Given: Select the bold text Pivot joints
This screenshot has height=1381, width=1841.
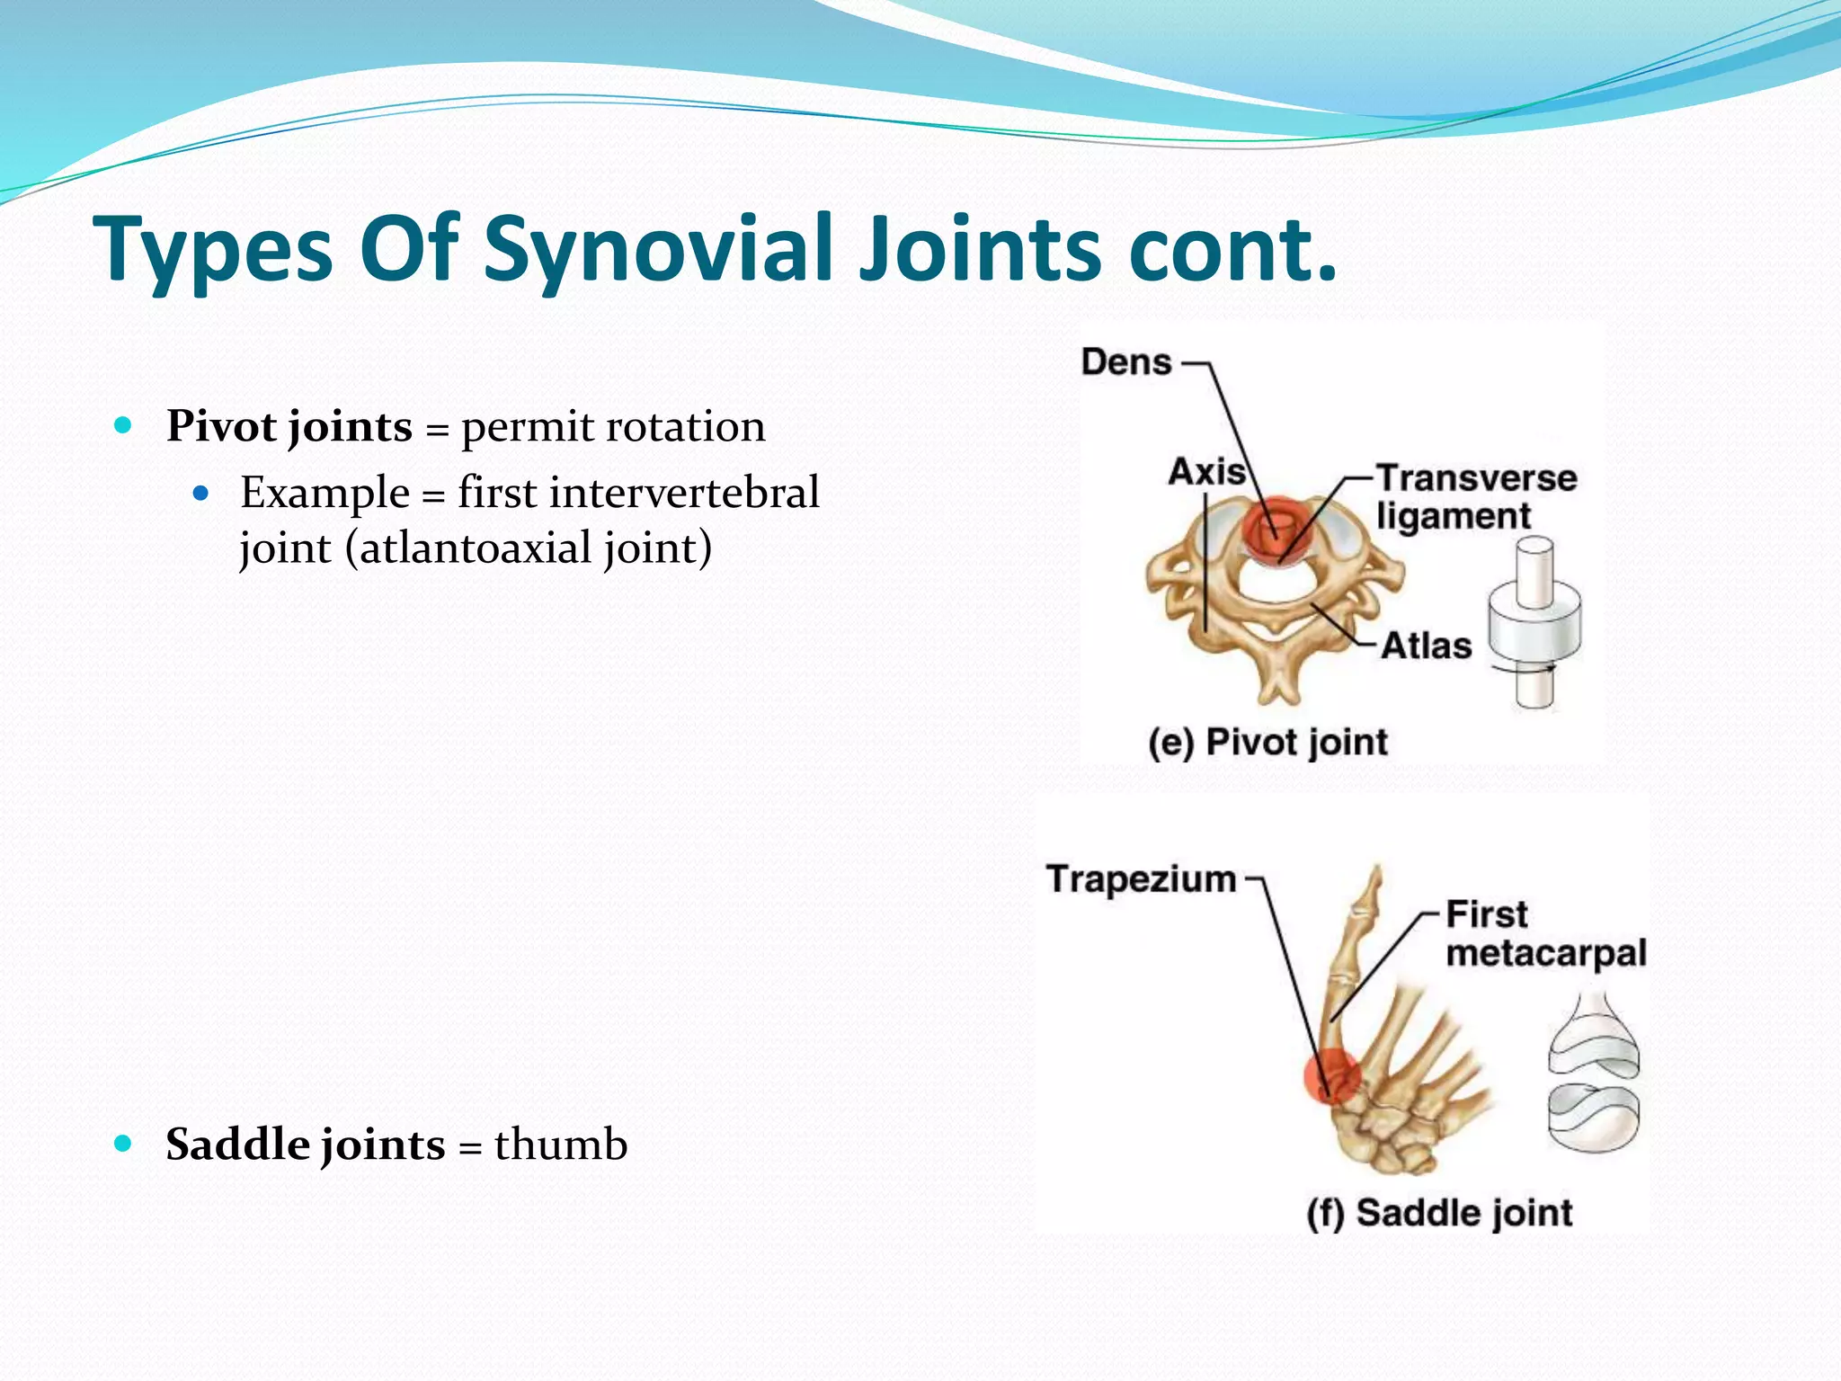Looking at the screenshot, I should click(x=289, y=426).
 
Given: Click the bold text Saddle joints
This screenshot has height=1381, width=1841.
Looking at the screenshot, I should click(x=305, y=1145).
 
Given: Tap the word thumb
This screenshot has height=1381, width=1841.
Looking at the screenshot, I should click(x=560, y=1145).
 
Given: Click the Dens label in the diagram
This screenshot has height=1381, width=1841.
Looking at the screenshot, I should click(x=1126, y=362).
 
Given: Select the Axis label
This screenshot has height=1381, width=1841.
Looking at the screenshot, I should click(x=1206, y=472).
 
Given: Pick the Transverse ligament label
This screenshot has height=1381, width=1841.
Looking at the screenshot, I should click(x=1474, y=496).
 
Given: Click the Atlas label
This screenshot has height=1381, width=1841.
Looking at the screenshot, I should click(x=1426, y=646).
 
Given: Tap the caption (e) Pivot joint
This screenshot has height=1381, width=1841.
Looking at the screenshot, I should click(x=1267, y=743).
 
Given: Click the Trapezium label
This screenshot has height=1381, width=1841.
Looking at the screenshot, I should click(x=1141, y=879).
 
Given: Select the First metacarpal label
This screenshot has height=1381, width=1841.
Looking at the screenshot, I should click(x=1543, y=934).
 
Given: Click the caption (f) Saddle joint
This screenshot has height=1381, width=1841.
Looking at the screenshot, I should click(x=1439, y=1213).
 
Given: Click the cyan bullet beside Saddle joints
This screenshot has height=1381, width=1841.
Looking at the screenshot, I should click(x=124, y=1144).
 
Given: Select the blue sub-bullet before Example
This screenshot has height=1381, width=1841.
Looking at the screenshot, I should click(x=201, y=493).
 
